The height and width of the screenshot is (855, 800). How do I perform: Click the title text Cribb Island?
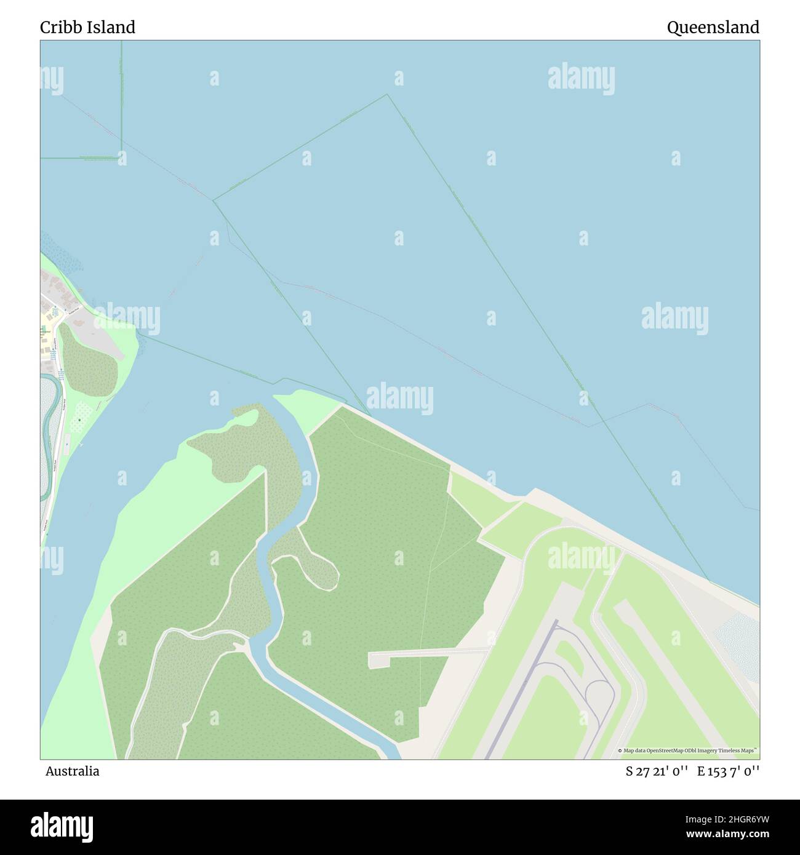click(x=87, y=27)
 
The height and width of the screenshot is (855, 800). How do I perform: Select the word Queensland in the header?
click(x=713, y=27)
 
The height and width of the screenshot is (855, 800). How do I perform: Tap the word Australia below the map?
click(x=72, y=771)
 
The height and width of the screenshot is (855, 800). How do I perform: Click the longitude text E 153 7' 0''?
click(x=728, y=771)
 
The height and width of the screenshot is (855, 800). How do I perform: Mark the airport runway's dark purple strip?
click(x=523, y=689)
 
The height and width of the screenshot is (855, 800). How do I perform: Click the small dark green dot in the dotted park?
click(x=79, y=421)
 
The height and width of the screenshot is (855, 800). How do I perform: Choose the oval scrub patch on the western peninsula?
click(x=89, y=363)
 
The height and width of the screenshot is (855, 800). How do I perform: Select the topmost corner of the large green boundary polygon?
click(x=387, y=94)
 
